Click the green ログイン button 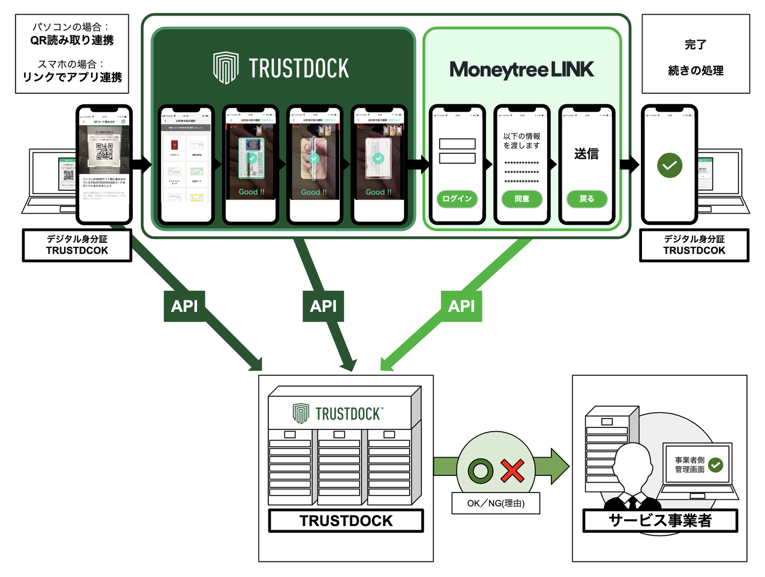coord(457,199)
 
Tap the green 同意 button coord(522,199)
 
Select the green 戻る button coord(586,199)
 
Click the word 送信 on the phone coord(586,154)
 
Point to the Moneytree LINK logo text coord(522,69)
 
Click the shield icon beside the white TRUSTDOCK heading coord(226,68)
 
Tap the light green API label coord(461,306)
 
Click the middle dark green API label coord(323,306)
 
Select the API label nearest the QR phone coord(184,306)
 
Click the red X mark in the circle coord(512,471)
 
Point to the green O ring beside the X coord(480,471)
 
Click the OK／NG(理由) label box coord(496,503)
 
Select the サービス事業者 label coord(660,520)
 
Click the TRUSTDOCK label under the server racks coord(346,520)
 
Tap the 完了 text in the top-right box coord(695,45)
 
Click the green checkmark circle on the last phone coord(670,166)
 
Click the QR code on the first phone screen coord(104,151)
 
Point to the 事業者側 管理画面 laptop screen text coord(689,464)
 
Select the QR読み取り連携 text coord(72,40)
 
